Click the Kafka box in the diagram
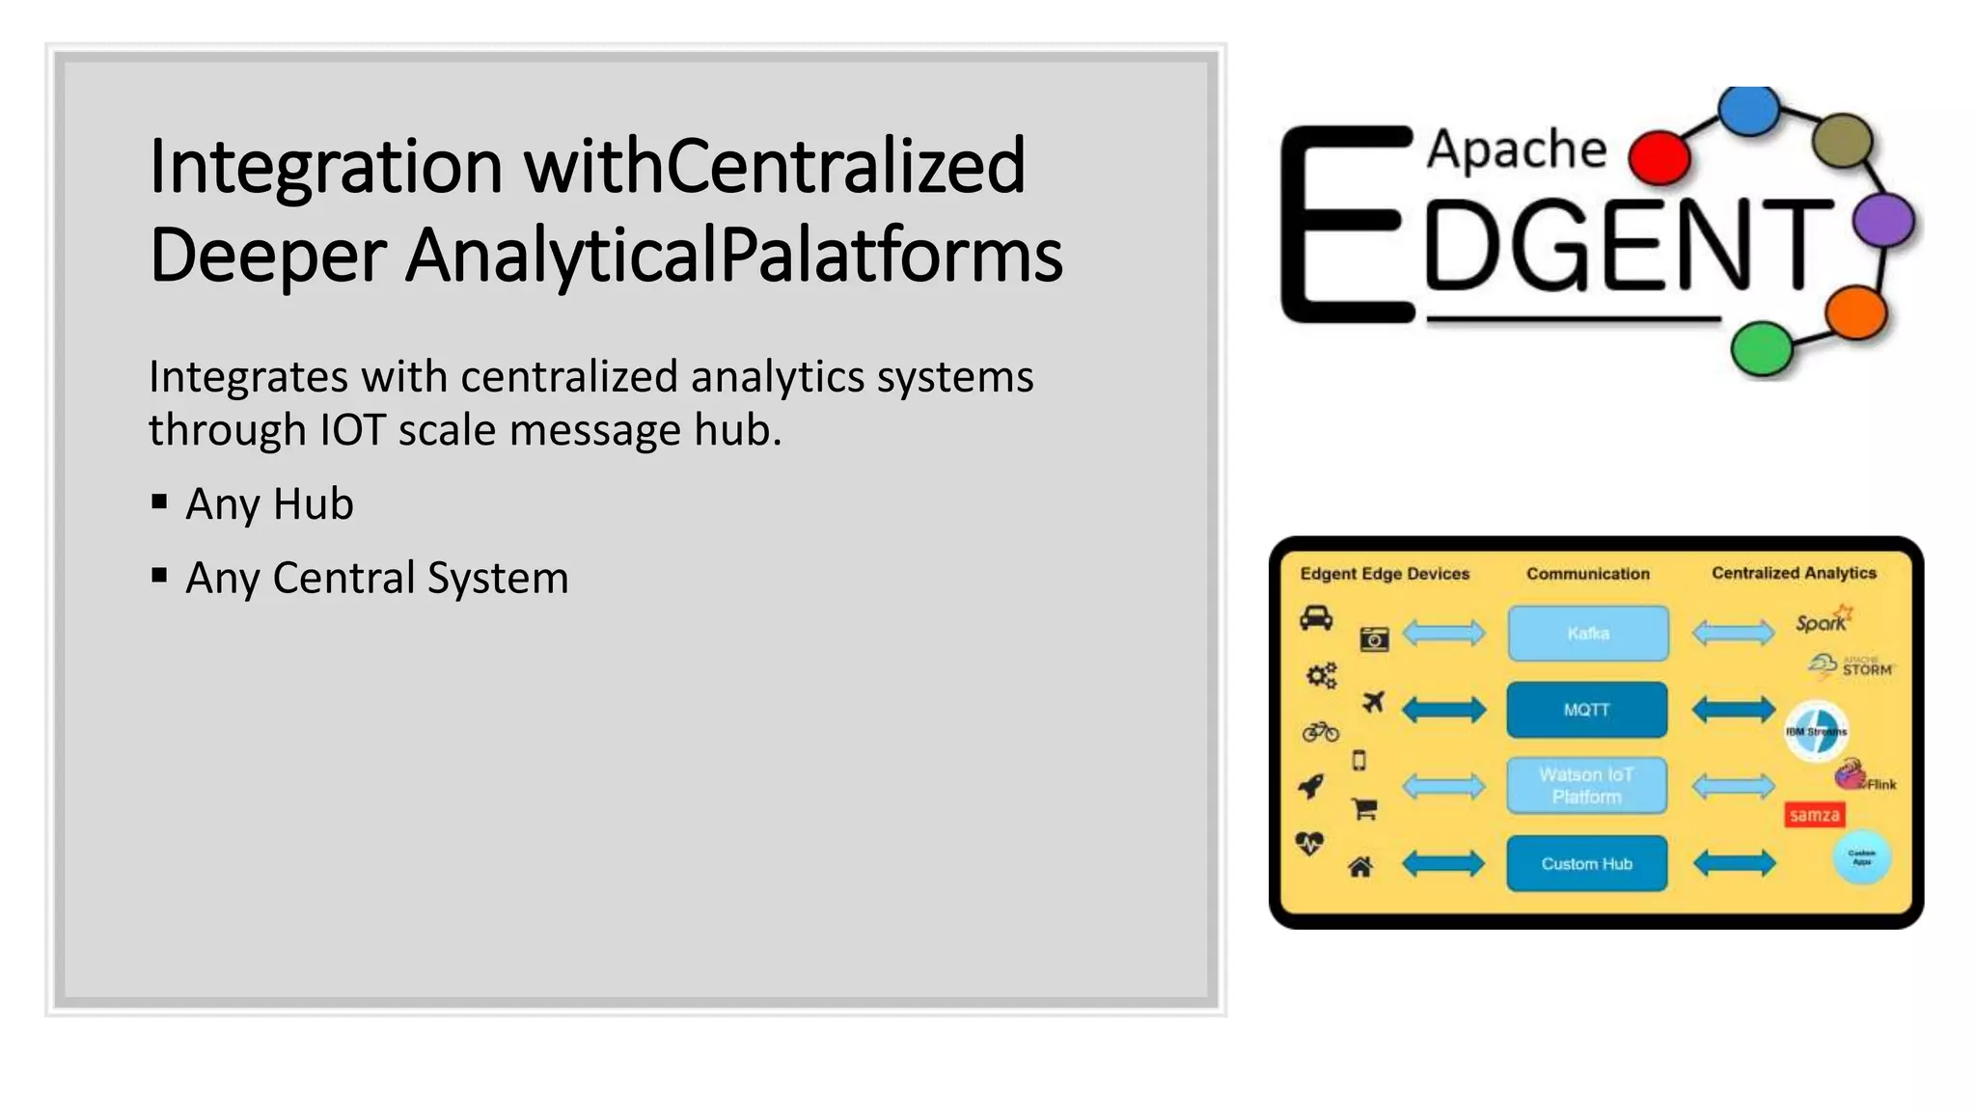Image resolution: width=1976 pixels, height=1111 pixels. point(1588,633)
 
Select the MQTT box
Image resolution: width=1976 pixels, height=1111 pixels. point(1587,710)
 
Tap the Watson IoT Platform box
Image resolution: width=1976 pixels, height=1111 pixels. point(1587,785)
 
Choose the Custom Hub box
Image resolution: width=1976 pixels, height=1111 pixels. point(1587,863)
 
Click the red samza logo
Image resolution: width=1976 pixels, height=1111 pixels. point(1814,815)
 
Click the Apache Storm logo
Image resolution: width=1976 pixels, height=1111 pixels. point(1852,666)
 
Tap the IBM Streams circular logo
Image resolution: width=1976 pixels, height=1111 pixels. point(1816,731)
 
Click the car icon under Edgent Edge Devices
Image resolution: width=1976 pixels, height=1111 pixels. point(1316,617)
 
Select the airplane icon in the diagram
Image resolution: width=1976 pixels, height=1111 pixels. point(1373,702)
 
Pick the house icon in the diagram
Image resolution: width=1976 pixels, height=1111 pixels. point(1360,867)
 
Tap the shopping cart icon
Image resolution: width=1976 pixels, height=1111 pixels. point(1364,809)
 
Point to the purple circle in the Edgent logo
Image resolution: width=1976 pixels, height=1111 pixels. point(1883,219)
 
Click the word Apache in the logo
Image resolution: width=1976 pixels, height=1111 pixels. point(1517,149)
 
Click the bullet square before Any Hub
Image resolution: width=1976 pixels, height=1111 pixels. point(159,501)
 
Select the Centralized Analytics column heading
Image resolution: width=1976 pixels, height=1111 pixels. point(1794,573)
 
